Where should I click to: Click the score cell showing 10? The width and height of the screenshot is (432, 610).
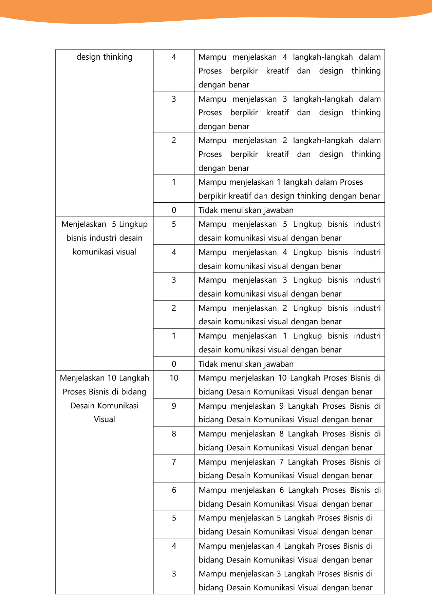[174, 378]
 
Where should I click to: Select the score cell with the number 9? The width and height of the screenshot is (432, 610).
[174, 406]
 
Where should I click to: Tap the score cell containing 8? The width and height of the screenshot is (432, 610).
[174, 434]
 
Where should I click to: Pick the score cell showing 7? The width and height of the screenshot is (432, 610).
[174, 462]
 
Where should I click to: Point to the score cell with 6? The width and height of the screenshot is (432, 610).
[174, 490]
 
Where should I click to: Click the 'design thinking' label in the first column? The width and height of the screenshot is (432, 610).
[105, 57]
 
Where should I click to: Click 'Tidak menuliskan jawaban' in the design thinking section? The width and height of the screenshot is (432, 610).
[246, 210]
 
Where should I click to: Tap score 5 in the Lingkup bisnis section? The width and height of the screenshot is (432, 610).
[174, 224]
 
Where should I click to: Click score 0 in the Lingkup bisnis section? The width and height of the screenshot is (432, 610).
[174, 364]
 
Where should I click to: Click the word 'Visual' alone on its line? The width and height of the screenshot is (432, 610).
[105, 420]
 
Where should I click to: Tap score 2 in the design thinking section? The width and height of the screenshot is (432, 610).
[174, 140]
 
